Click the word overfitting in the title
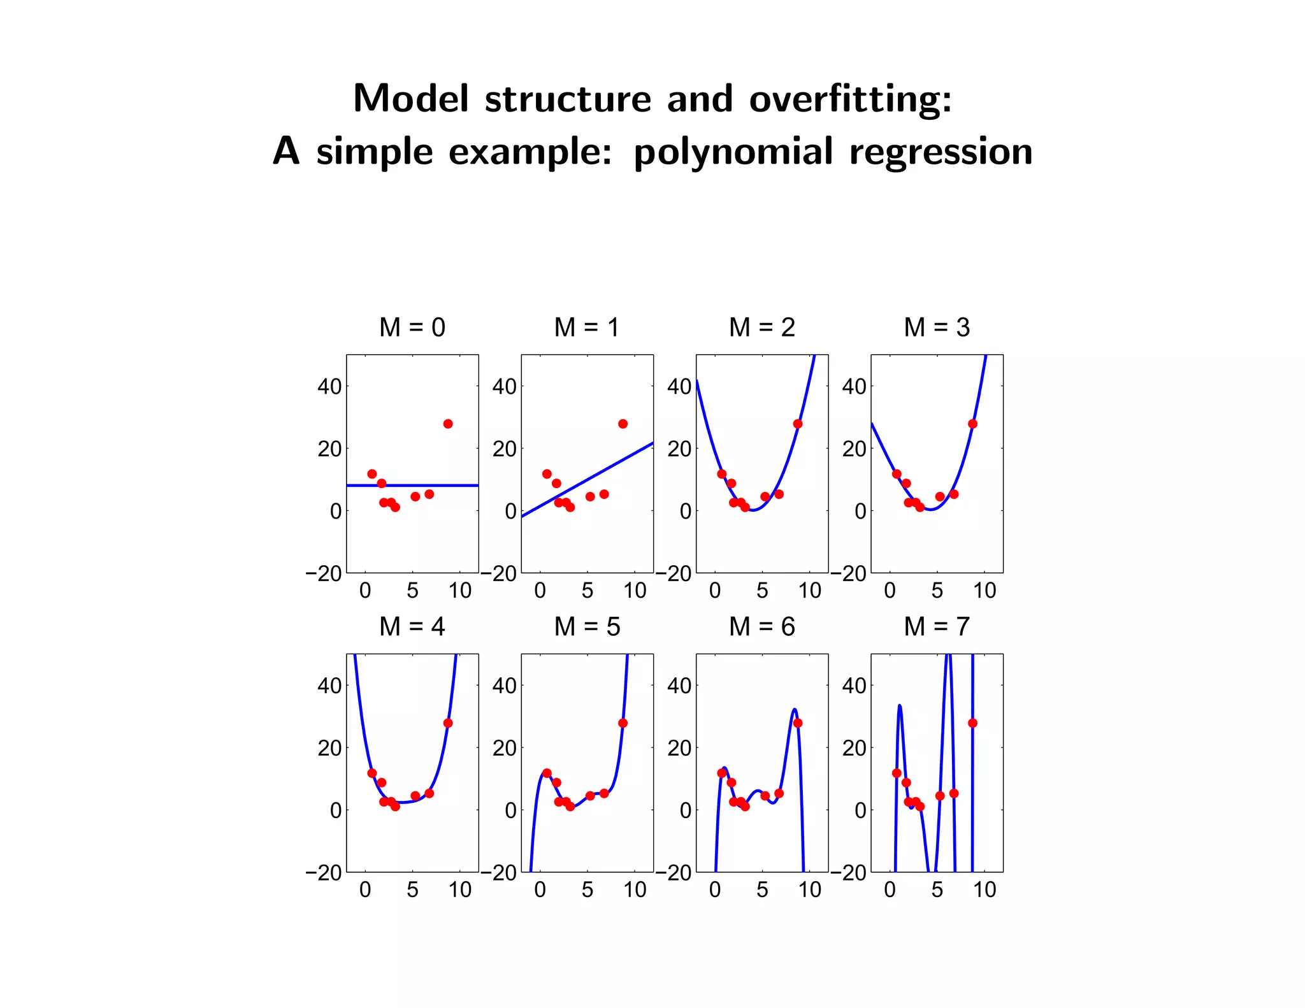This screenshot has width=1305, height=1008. point(850,99)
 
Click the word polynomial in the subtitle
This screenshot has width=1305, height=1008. point(733,153)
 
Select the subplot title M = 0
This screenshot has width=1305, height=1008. point(412,328)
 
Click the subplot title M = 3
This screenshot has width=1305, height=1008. point(937,328)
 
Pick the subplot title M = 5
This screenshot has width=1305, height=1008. point(587,627)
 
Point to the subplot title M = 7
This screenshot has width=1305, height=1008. point(937,627)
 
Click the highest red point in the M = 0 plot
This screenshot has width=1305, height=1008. point(448,424)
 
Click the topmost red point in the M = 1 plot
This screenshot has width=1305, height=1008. point(623,424)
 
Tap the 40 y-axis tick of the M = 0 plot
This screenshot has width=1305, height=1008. point(329,386)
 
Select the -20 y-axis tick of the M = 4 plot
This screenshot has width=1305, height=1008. point(324,873)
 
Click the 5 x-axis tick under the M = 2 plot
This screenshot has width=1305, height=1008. point(762,591)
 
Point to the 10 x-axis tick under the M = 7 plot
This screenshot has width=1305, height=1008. point(984,890)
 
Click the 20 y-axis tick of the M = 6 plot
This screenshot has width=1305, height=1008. point(679,748)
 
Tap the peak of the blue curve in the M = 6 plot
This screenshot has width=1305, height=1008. point(794,709)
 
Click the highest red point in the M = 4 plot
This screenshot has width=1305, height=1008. point(448,723)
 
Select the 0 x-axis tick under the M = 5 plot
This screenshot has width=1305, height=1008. point(540,890)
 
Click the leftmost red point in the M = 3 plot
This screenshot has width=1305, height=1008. point(897,474)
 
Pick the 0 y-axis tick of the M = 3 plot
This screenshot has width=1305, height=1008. point(860,511)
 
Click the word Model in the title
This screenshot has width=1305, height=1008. point(410,99)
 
